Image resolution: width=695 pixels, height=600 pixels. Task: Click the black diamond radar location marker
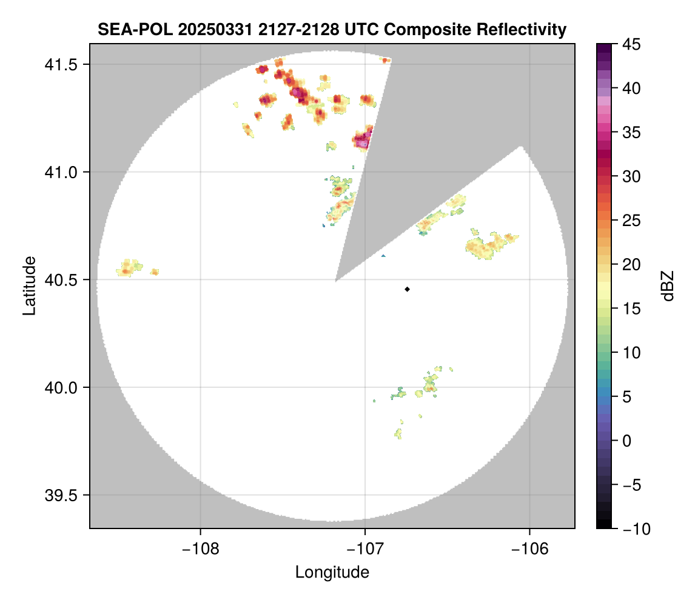tap(407, 289)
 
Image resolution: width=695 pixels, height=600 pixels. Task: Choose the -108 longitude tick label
tap(200, 549)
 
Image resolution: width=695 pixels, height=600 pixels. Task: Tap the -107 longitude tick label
tap(364, 549)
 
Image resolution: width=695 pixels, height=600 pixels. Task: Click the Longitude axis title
tap(332, 572)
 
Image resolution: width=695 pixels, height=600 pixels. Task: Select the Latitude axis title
tap(29, 285)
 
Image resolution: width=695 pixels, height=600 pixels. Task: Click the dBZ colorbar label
tap(668, 285)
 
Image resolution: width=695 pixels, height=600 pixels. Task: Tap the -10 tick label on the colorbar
tap(634, 528)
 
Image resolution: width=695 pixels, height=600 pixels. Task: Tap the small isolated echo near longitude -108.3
tap(155, 272)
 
